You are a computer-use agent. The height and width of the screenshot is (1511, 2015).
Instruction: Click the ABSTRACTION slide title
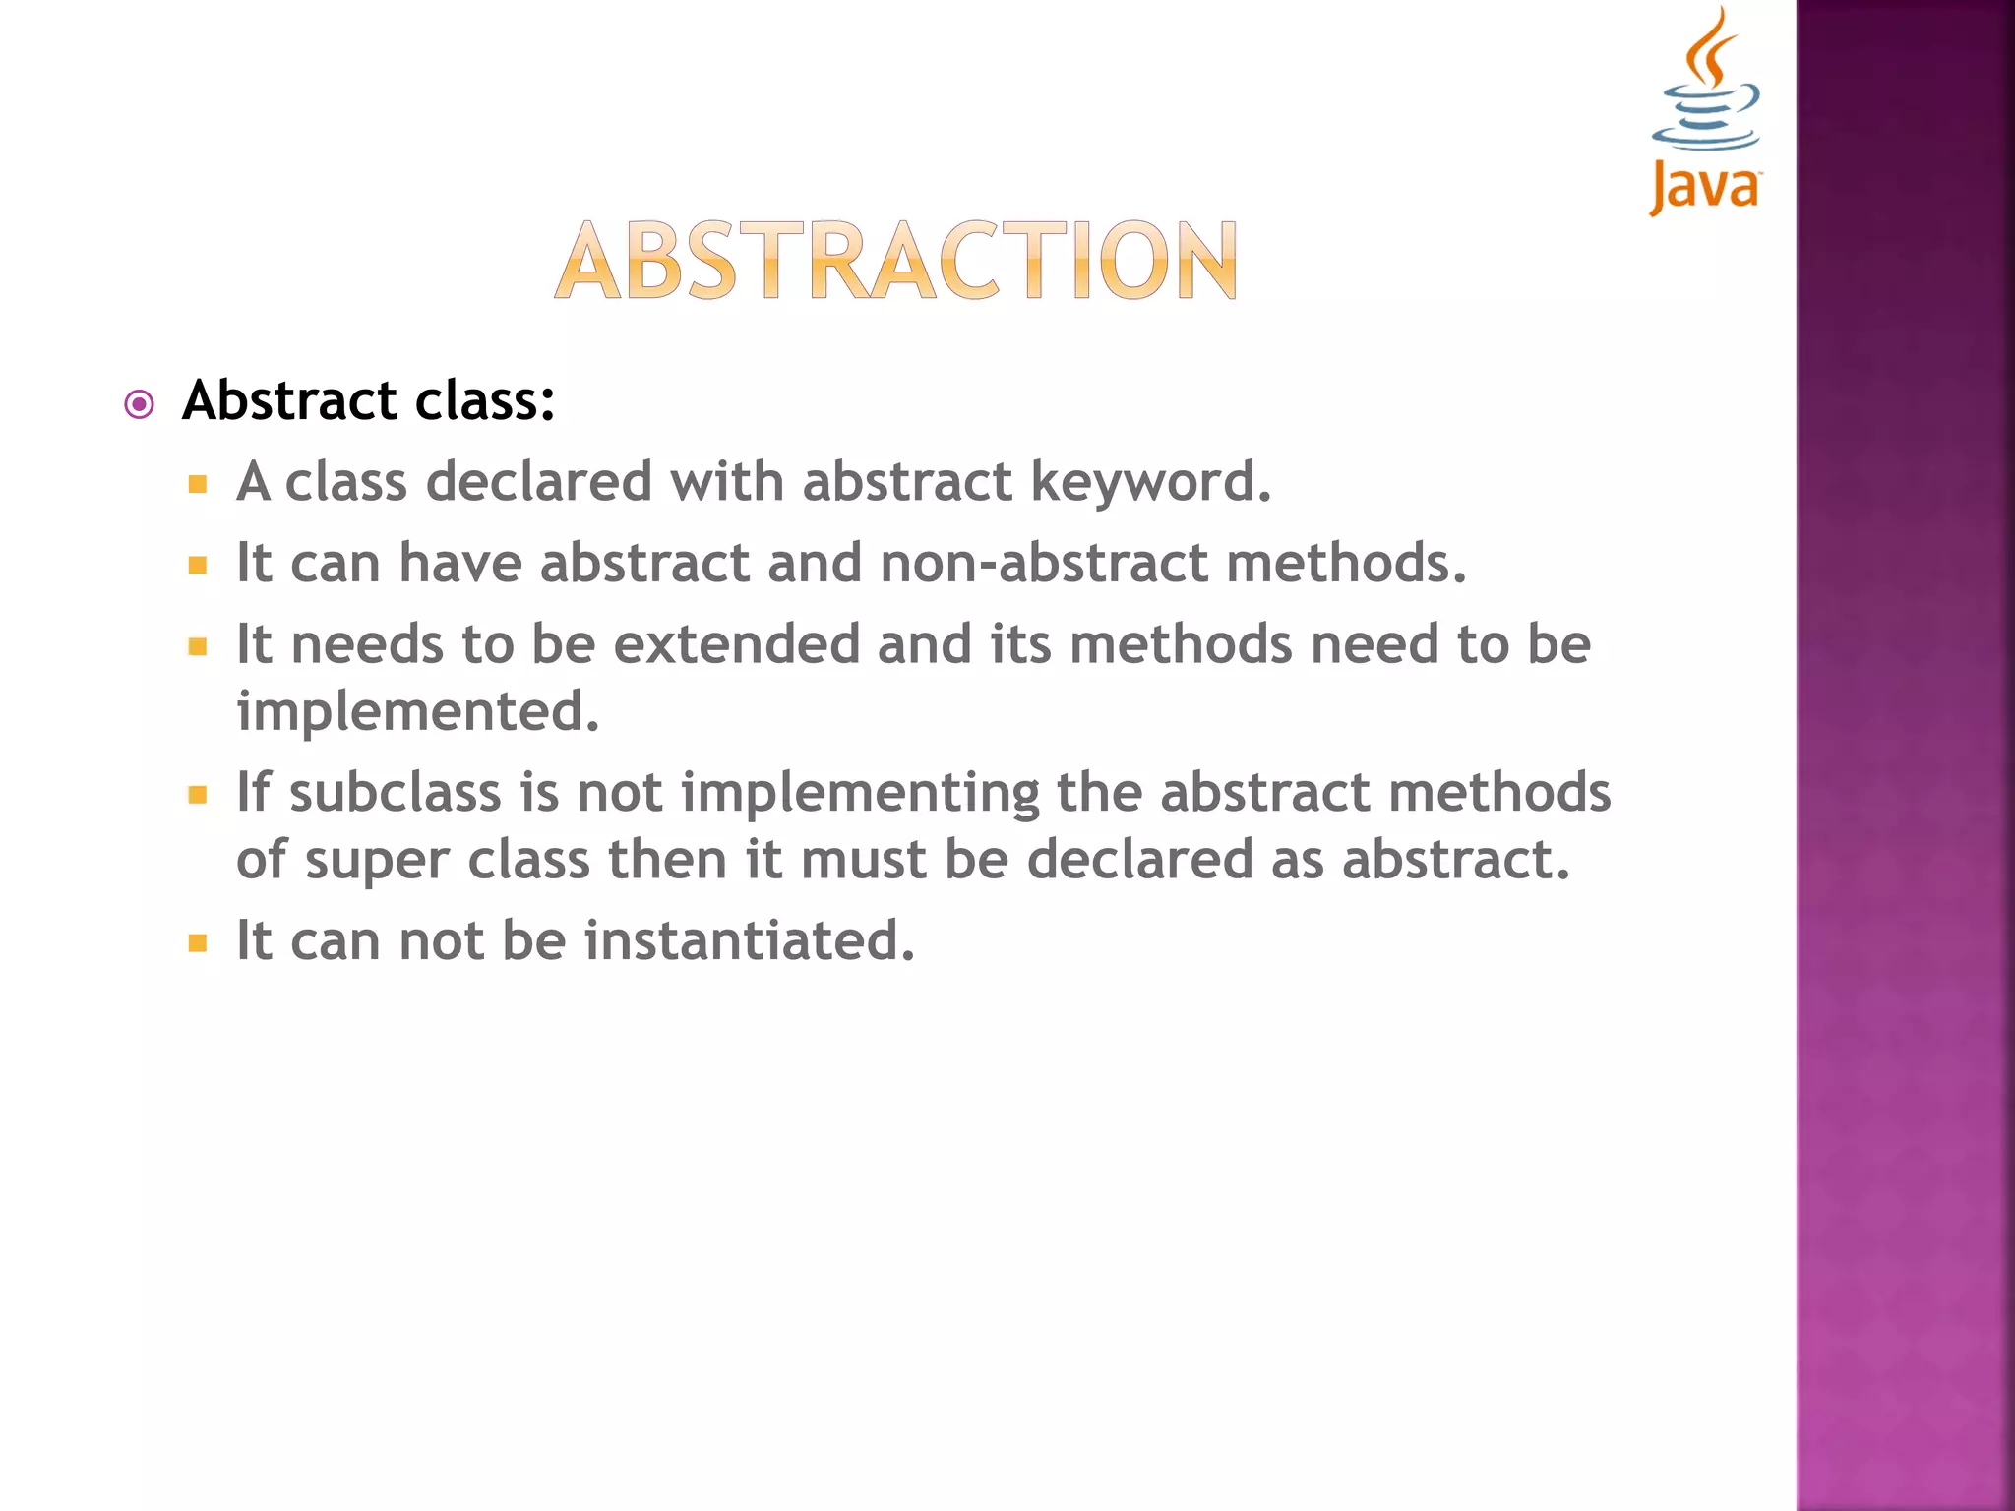[896, 261]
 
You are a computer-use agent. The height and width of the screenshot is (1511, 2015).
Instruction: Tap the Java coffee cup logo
[1707, 84]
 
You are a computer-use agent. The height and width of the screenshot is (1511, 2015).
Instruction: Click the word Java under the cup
[1705, 187]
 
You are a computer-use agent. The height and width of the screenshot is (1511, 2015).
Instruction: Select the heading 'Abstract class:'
[369, 401]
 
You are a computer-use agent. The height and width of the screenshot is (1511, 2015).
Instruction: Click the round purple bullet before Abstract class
[140, 404]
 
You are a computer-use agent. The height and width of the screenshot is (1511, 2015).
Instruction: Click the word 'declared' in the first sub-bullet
[538, 482]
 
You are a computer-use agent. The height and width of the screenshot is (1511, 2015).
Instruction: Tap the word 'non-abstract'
[1044, 563]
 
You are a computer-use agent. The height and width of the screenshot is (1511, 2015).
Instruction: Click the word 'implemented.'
[418, 711]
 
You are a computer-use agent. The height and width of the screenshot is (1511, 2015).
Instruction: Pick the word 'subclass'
[395, 793]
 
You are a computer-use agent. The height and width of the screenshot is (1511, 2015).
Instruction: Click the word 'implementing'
[860, 793]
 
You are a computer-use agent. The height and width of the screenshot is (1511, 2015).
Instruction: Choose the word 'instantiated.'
[750, 941]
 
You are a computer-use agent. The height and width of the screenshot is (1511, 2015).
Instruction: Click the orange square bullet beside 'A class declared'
[198, 484]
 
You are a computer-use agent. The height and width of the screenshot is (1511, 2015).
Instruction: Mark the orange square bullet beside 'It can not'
[198, 943]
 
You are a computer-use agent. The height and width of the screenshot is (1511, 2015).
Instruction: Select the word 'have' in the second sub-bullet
[460, 563]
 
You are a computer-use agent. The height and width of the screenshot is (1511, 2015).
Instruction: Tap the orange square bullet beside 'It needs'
[198, 646]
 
